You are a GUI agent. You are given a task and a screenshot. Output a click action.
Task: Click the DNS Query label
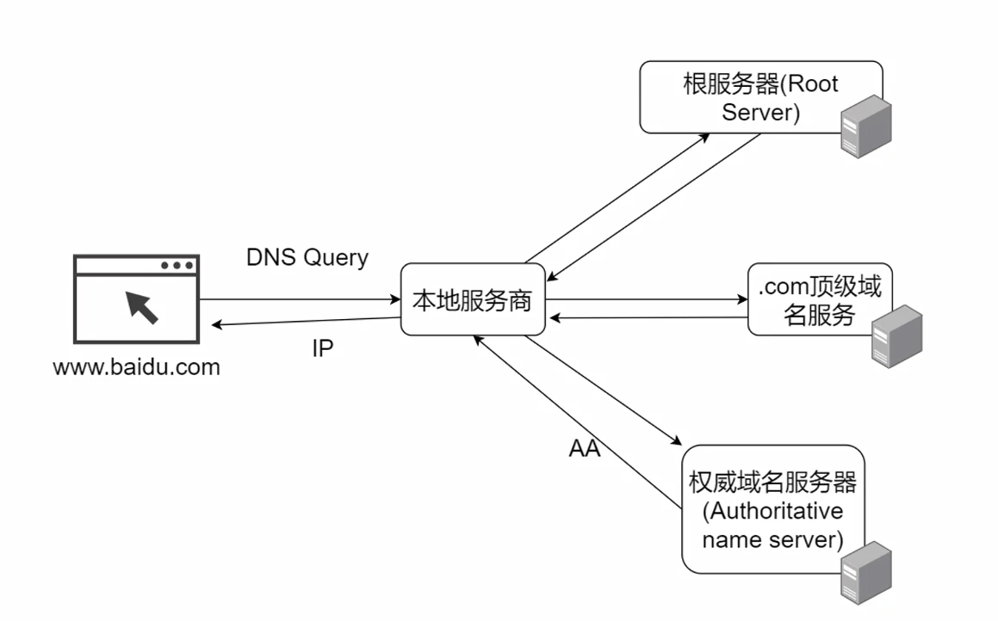[x=307, y=257]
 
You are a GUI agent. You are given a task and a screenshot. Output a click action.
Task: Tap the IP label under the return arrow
[x=323, y=348]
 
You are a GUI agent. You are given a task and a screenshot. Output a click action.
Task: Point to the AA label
[x=585, y=448]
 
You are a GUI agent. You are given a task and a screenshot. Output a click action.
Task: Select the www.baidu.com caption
[x=136, y=367]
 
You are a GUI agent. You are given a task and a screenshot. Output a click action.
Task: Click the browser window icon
[x=136, y=298]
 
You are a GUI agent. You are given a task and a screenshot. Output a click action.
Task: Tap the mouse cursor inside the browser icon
[x=142, y=308]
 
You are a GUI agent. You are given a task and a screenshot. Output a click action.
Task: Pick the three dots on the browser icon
[x=177, y=265]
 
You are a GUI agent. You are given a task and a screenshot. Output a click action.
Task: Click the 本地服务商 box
[x=473, y=299]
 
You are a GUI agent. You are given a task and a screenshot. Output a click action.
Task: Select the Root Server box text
[x=760, y=98]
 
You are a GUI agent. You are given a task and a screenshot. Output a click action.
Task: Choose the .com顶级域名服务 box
[x=820, y=299]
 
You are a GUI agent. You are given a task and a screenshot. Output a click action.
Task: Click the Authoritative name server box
[x=772, y=509]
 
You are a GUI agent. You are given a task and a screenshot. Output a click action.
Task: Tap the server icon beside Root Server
[x=865, y=126]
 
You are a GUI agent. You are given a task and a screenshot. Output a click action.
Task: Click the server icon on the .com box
[x=896, y=336]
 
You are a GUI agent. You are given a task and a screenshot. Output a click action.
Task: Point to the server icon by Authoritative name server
[x=865, y=573]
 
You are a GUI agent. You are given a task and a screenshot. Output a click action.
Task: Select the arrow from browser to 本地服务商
[x=300, y=298]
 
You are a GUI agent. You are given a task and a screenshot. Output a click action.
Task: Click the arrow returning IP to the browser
[x=307, y=321]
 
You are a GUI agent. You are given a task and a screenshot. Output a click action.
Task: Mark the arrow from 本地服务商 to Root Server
[x=617, y=198]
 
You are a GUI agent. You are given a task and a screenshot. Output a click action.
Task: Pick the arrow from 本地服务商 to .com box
[x=647, y=298]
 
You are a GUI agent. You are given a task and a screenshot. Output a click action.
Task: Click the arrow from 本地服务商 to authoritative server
[x=604, y=390]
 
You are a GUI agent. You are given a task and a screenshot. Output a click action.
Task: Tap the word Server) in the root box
[x=760, y=113]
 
